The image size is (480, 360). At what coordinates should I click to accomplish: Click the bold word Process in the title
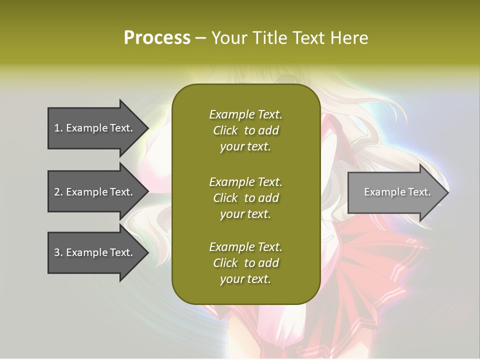(157, 38)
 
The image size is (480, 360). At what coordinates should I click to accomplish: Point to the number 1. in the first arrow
(58, 128)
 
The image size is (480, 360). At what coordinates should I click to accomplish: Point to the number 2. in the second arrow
(58, 192)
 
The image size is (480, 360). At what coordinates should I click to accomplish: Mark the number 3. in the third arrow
(58, 252)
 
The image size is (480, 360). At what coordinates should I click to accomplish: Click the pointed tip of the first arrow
(146, 128)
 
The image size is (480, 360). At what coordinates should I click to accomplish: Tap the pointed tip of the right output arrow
(447, 192)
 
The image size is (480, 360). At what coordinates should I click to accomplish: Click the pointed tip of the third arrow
(146, 252)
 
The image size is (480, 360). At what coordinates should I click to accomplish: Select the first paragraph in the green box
(245, 130)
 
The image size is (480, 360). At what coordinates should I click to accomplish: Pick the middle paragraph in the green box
(245, 198)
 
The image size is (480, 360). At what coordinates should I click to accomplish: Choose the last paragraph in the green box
(245, 263)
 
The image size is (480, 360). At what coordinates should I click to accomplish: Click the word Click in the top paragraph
(225, 130)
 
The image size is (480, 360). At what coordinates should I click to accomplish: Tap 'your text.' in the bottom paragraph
(245, 279)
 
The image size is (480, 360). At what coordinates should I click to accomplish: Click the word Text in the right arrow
(418, 192)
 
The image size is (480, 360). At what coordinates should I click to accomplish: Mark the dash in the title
(200, 38)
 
